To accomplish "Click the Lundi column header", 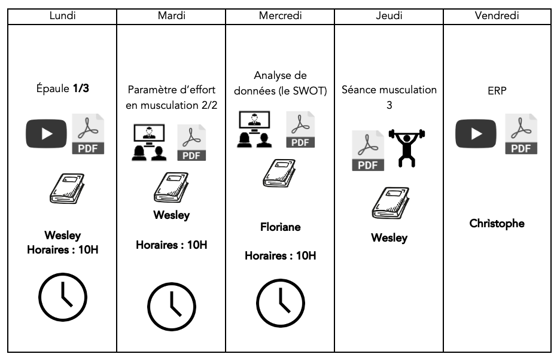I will tap(62, 16).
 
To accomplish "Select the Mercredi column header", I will tap(280, 16).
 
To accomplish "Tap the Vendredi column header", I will tap(497, 16).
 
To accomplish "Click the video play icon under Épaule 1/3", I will tap(45, 134).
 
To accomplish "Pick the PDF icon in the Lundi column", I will tap(87, 135).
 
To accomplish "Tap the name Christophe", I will tap(497, 224).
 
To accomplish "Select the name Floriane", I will tap(280, 227).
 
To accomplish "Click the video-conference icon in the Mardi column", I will tap(149, 143).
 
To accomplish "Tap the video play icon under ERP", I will tap(476, 134).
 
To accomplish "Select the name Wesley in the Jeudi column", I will tap(389, 238).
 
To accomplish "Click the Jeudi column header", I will tap(389, 16).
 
